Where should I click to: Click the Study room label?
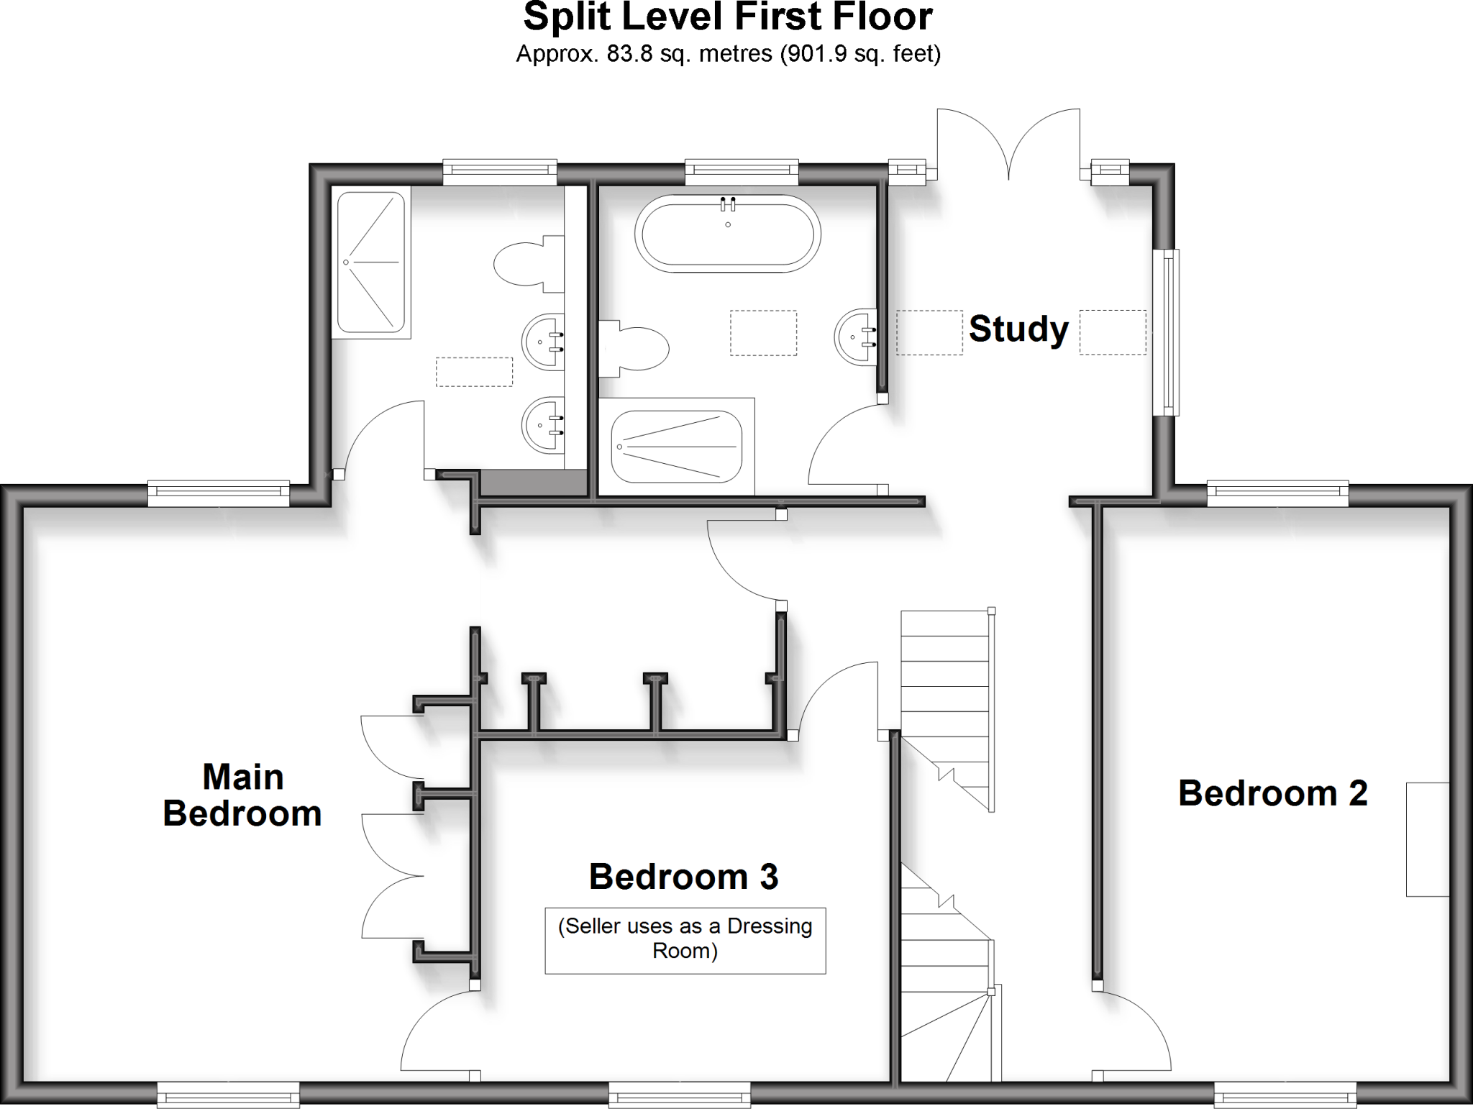point(1018,329)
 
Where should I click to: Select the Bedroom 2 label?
point(1272,793)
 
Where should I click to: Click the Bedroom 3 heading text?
point(683,877)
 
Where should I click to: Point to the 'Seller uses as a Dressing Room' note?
point(685,939)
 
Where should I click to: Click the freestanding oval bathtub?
point(727,233)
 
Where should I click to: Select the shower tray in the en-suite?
point(371,262)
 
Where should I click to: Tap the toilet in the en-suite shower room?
point(529,264)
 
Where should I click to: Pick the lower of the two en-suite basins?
point(543,425)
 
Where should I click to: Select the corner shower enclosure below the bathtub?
point(676,447)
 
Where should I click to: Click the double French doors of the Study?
point(1008,144)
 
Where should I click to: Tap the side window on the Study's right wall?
point(1166,332)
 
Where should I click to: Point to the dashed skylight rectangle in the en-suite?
point(474,372)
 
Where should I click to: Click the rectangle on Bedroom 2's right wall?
point(1427,839)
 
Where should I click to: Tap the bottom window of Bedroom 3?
point(679,1097)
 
